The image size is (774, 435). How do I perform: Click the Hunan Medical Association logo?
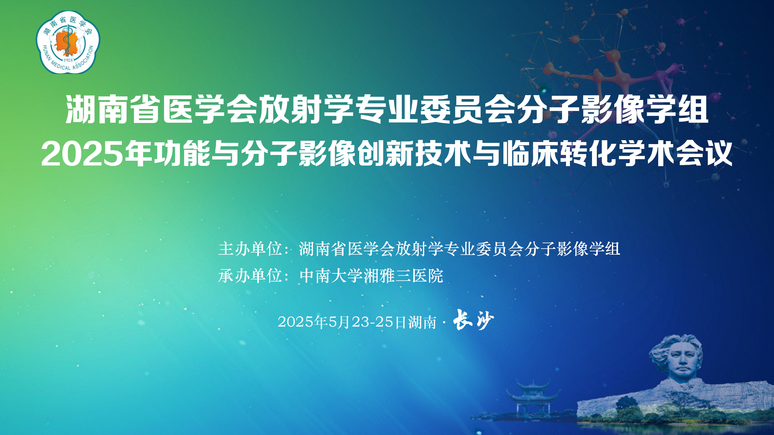pyautogui.click(x=68, y=42)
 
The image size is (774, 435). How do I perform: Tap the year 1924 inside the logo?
pyautogui.click(x=68, y=60)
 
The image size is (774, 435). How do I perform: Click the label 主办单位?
pyautogui.click(x=250, y=249)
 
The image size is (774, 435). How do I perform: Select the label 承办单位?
pyautogui.click(x=250, y=276)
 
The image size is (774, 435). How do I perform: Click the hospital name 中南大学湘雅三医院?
pyautogui.click(x=371, y=276)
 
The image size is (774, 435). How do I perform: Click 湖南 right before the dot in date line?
pyautogui.click(x=422, y=322)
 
